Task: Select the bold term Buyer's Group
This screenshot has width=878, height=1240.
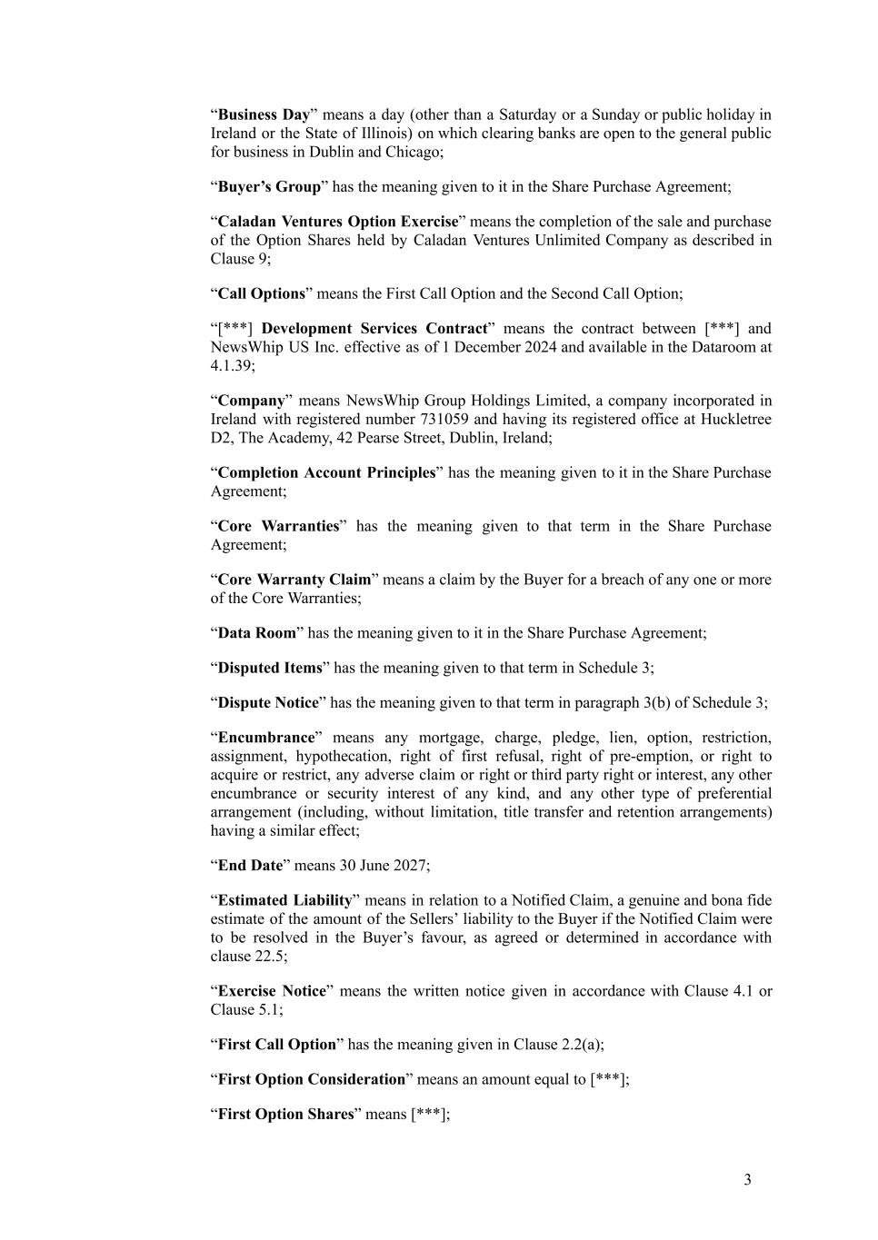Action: (x=269, y=186)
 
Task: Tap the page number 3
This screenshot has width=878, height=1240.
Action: (x=747, y=1180)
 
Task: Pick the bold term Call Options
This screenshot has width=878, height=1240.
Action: (x=261, y=293)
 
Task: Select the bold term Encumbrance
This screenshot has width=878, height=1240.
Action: (x=265, y=738)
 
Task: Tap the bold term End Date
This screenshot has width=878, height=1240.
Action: (x=250, y=866)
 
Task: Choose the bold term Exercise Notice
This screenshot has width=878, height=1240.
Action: (x=271, y=991)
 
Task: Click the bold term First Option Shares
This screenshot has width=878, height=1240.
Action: (x=285, y=1115)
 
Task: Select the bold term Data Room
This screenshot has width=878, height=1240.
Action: (x=256, y=633)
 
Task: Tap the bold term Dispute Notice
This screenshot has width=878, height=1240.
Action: (x=268, y=703)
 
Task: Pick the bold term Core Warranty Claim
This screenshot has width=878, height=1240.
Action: (x=294, y=580)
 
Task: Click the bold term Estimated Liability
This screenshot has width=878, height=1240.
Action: (x=284, y=900)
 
